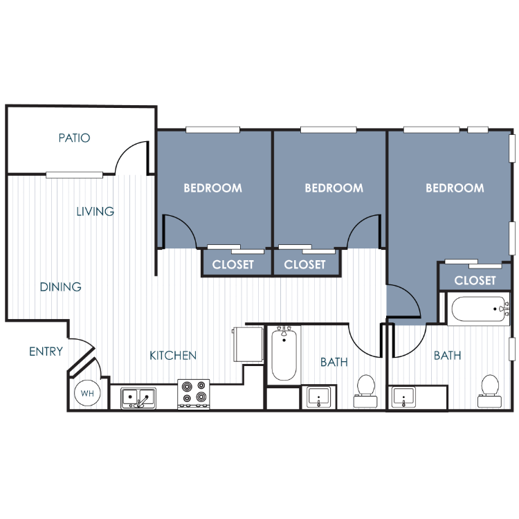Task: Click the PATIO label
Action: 74,138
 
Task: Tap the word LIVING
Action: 95,211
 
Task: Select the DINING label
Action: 61,286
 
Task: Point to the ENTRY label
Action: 46,351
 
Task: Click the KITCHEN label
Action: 173,356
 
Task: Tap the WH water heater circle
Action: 87,393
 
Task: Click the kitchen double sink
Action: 138,398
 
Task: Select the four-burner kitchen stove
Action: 194,394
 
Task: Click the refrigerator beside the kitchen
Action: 248,344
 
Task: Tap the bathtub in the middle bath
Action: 284,353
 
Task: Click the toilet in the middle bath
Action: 366,391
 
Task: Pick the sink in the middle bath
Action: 318,397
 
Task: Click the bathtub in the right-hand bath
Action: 479,309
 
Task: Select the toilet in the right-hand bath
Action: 489,391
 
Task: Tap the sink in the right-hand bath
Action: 403,397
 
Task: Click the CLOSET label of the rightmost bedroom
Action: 475,280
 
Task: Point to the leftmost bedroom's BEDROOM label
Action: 213,188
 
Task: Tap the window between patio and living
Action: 74,175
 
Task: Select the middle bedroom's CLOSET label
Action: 305,264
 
